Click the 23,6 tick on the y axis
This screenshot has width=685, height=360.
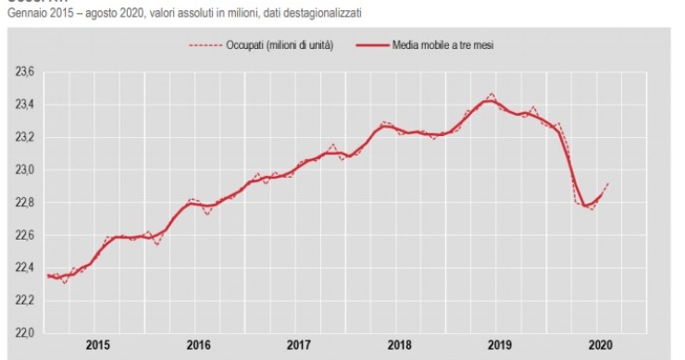pos(24,72)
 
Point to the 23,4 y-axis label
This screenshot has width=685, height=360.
pos(24,105)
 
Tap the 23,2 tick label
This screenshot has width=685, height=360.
pos(24,137)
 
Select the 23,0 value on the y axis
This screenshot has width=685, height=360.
pos(24,169)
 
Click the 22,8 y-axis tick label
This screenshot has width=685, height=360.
pos(24,202)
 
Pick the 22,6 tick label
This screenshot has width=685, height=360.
pos(24,235)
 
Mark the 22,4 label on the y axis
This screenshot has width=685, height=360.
pos(24,267)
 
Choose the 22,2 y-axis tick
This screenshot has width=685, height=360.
pos(24,300)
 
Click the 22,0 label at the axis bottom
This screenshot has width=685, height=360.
pos(24,332)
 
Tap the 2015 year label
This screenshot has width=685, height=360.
pos(98,344)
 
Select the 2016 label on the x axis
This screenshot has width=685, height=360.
pos(198,344)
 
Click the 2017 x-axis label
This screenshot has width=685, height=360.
pos(298,344)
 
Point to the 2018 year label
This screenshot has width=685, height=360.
pos(398,344)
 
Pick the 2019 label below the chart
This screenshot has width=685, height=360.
pos(498,344)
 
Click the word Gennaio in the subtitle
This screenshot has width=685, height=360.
pos(27,14)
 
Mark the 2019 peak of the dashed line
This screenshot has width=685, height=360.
pos(491,93)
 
